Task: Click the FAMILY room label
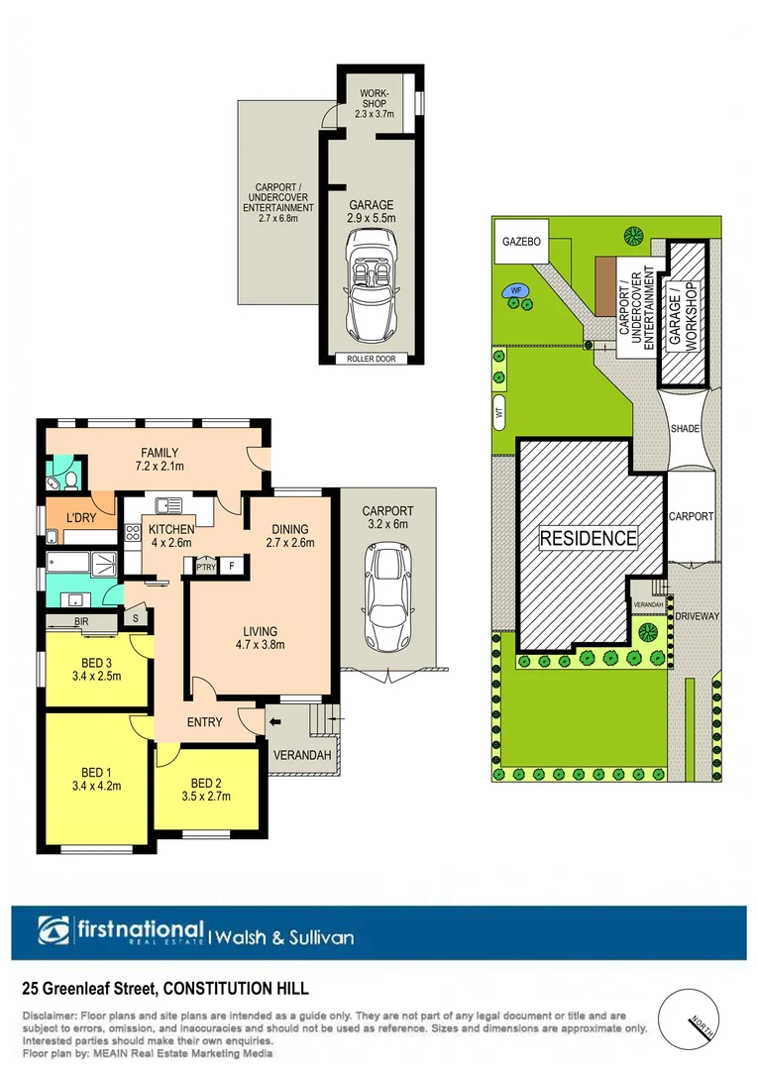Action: pyautogui.click(x=160, y=453)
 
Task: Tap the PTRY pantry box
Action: pyautogui.click(x=206, y=567)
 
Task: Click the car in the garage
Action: pyautogui.click(x=371, y=284)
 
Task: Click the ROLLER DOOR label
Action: pyautogui.click(x=371, y=359)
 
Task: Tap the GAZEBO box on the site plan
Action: pyautogui.click(x=519, y=241)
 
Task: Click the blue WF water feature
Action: pyautogui.click(x=516, y=291)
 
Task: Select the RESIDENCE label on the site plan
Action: pyautogui.click(x=589, y=539)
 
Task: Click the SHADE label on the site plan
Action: pyautogui.click(x=685, y=429)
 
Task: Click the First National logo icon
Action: pyautogui.click(x=54, y=931)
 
